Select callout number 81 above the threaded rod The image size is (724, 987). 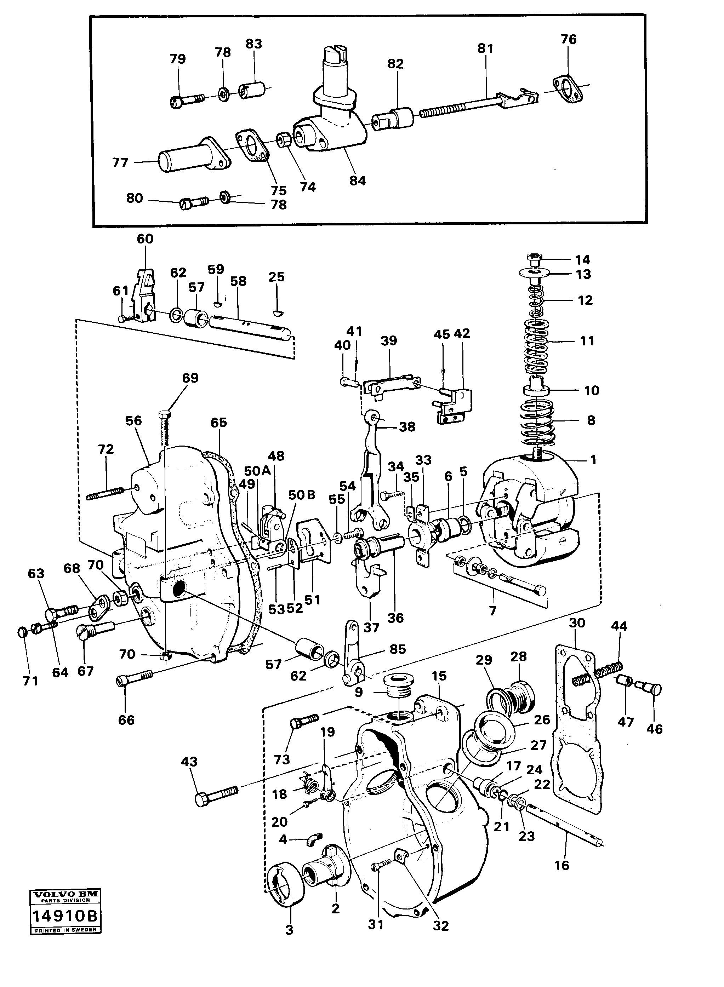pyautogui.click(x=485, y=48)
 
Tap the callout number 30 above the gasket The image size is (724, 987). pyautogui.click(x=577, y=622)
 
